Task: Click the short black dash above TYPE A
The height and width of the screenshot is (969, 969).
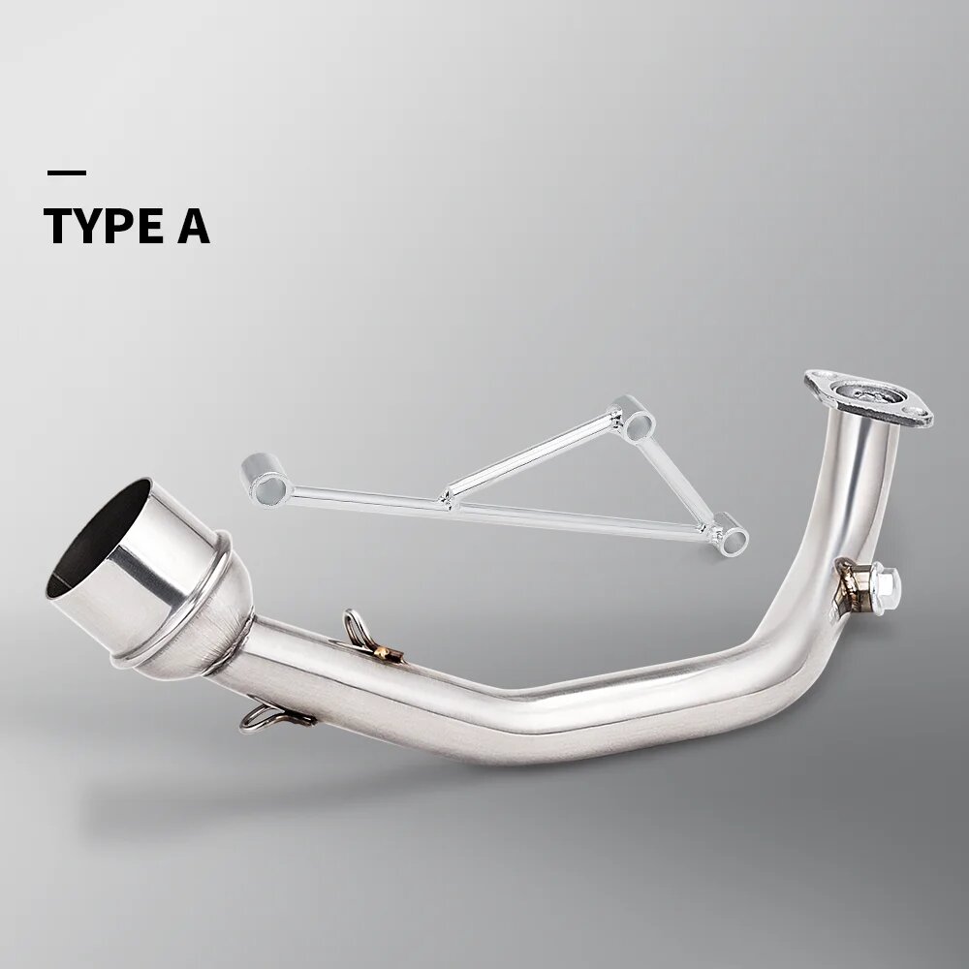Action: pyautogui.click(x=66, y=173)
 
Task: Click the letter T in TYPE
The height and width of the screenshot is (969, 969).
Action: pyautogui.click(x=59, y=226)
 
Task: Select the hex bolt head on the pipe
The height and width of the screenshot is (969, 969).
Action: pyautogui.click(x=884, y=581)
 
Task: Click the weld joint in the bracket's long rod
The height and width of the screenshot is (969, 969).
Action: pyautogui.click(x=448, y=500)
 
